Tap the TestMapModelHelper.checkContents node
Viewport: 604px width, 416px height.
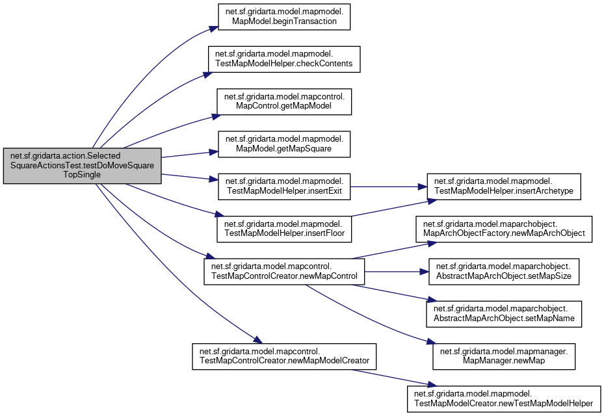[x=283, y=58]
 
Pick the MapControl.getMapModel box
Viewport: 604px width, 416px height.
[x=284, y=101]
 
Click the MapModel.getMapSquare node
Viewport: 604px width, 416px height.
[x=284, y=143]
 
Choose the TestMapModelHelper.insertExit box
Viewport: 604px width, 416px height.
[x=284, y=185]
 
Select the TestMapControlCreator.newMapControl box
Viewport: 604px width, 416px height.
[x=284, y=271]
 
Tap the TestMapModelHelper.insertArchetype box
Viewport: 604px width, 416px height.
[x=503, y=185]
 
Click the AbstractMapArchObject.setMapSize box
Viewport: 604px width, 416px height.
[x=503, y=271]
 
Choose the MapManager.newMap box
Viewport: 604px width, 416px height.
[x=503, y=356]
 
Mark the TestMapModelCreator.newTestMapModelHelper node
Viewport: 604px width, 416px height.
[x=503, y=398]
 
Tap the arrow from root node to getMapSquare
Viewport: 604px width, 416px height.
[x=189, y=153]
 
